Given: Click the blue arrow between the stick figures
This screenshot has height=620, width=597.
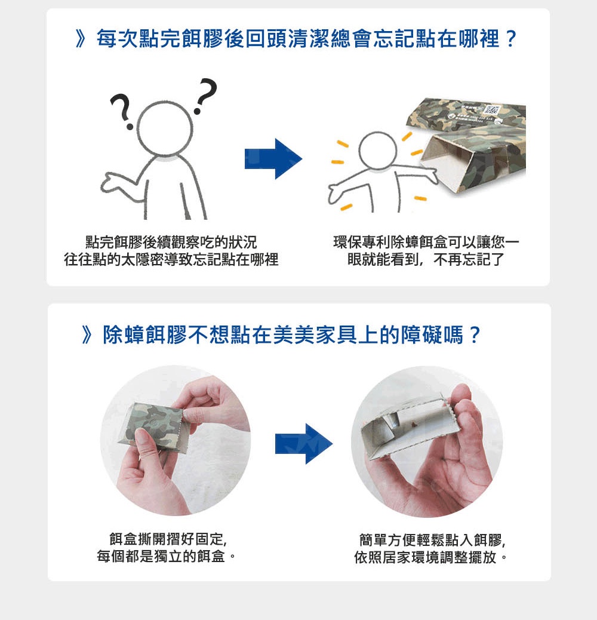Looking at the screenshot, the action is click(273, 158).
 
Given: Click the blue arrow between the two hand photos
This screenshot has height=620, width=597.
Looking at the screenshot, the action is click(304, 444).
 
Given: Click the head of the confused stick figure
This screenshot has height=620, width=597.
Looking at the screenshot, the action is click(165, 128).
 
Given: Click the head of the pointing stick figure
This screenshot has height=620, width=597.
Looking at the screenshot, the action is click(377, 151).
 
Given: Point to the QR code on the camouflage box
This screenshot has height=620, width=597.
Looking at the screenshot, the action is click(491, 111).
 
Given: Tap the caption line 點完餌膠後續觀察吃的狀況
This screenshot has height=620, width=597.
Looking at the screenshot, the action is click(171, 242).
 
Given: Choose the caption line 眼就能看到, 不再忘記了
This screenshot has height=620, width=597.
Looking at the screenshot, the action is click(426, 259).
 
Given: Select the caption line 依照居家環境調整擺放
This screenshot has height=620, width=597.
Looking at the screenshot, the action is click(430, 557).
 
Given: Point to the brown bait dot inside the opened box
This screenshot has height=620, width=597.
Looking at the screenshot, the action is click(413, 424).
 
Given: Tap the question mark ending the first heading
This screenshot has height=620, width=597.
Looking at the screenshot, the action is click(511, 39).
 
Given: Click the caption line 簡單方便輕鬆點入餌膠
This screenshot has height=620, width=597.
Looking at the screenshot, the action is click(432, 540).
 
